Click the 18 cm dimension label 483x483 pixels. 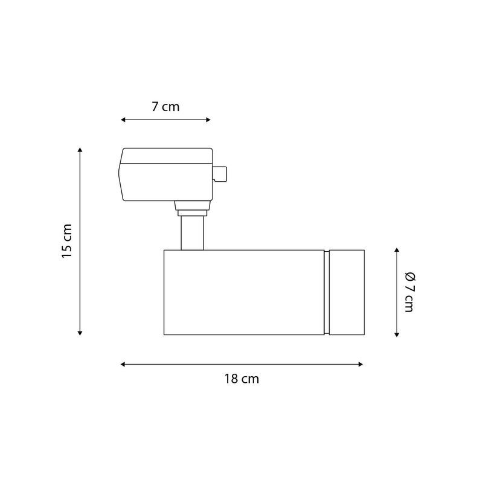tap(241, 379)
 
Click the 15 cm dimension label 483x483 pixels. tap(67, 241)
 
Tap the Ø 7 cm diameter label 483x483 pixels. tap(410, 292)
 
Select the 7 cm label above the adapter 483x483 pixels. tap(165, 107)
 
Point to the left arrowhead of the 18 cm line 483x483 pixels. tap(123, 365)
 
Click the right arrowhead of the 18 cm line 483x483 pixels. tap(360, 365)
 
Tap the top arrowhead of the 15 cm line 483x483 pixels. tap(80, 150)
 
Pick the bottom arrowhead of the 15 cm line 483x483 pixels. tap(80, 333)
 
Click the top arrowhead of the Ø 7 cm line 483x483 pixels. tap(397, 250)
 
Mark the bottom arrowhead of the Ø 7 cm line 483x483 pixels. tap(397, 334)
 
